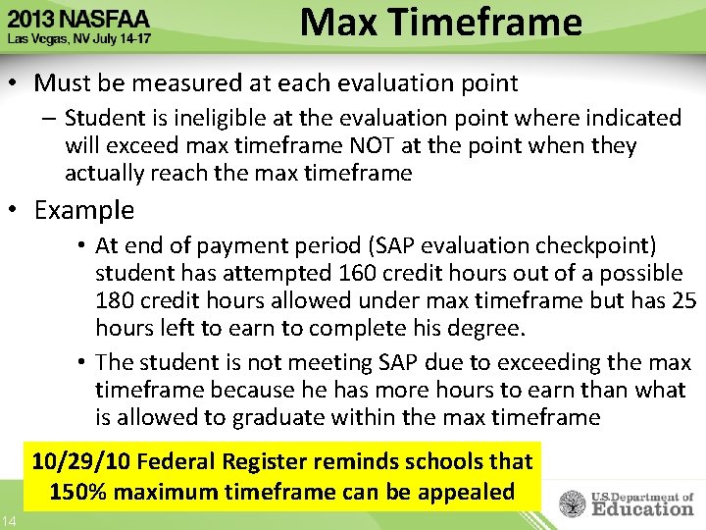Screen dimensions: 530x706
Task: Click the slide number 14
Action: pyautogui.click(x=8, y=519)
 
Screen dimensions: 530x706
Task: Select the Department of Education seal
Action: pyautogui.click(x=574, y=503)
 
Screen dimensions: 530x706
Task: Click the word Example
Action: pyautogui.click(x=84, y=210)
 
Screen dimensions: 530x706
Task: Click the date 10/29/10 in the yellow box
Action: pyautogui.click(x=82, y=461)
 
